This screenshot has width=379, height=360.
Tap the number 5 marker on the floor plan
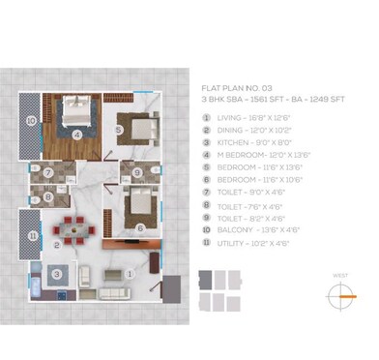(117, 130)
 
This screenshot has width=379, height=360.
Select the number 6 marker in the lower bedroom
(141, 228)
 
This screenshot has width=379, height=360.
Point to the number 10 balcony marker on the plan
(31, 121)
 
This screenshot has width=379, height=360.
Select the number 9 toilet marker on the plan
(138, 173)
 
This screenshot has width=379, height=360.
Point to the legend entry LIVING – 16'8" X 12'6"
(252, 118)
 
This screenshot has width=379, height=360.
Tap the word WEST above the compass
(339, 275)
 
